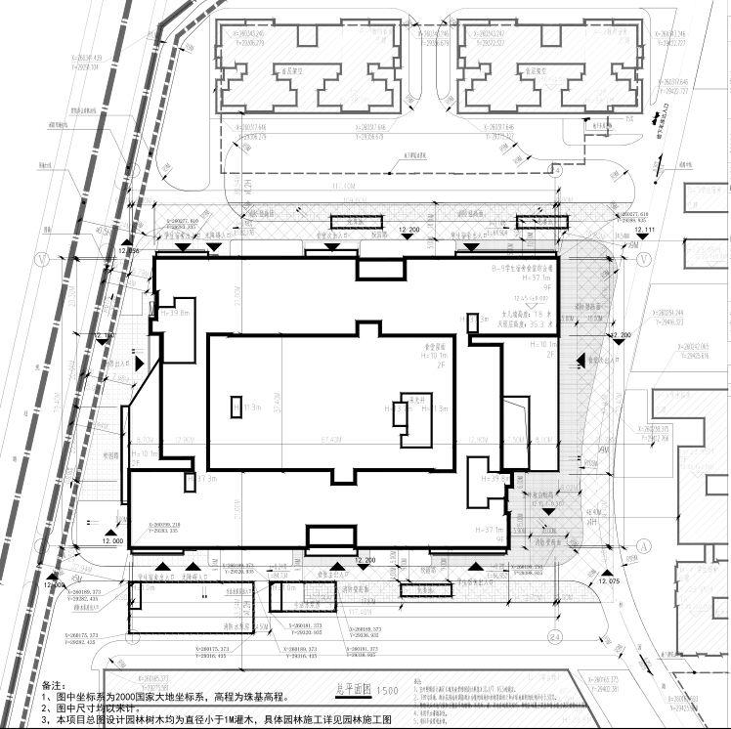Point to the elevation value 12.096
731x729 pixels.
[128, 251]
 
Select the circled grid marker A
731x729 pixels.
[644, 543]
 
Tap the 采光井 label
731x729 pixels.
[418, 400]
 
